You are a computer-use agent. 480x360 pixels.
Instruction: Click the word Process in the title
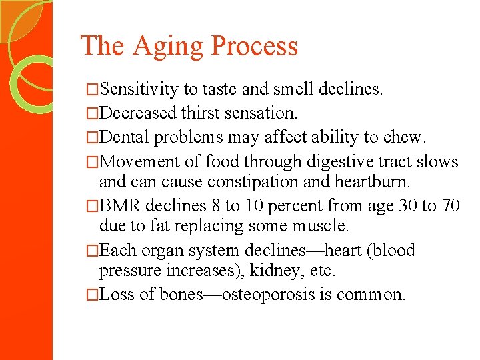pyautogui.click(x=254, y=46)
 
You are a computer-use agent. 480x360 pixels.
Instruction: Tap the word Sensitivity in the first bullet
pyautogui.click(x=141, y=89)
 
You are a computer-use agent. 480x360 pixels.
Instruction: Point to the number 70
pyautogui.click(x=449, y=205)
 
